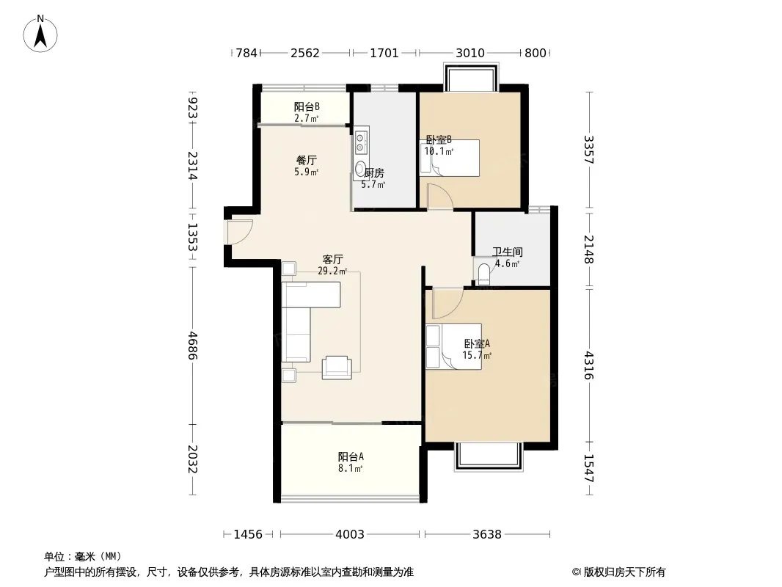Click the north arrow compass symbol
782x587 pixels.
pos(40,34)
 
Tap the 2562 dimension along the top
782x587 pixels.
pos(304,53)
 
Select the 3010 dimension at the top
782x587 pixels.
pos(469,53)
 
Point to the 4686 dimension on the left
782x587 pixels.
pos(192,346)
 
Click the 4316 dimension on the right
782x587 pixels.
pos(590,365)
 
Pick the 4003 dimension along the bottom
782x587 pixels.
pos(350,535)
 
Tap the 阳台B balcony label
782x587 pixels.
pos(306,106)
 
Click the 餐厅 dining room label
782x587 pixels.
pos(306,161)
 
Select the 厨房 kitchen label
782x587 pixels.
pos(374,173)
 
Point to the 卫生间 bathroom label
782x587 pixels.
pos(507,252)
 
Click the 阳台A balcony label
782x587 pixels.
pos(351,456)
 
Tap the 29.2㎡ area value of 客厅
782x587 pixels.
pos(332,271)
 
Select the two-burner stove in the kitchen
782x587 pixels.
pos(361,142)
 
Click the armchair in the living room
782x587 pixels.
pos(337,368)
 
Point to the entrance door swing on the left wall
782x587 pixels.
pos(240,232)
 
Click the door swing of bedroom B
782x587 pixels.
pos(440,195)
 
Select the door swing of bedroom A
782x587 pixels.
pos(447,303)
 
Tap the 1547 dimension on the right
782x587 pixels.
pos(590,468)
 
